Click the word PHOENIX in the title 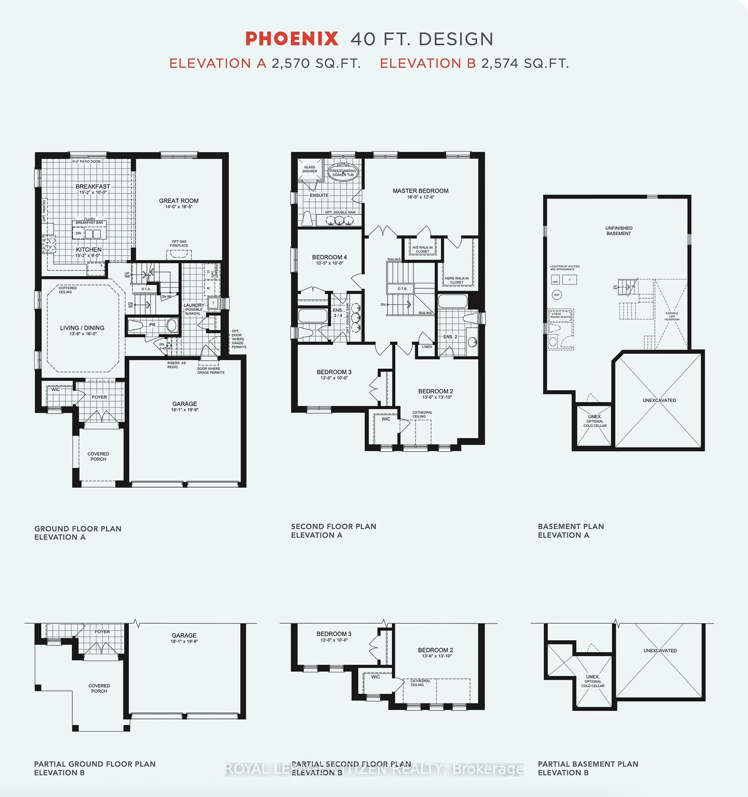point(291,39)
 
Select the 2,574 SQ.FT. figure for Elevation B point(525,63)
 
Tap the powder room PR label point(152,325)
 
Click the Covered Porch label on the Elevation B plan point(99,688)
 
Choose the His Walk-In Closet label point(423,249)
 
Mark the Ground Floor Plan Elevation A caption point(78,533)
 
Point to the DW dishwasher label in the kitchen point(79,233)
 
